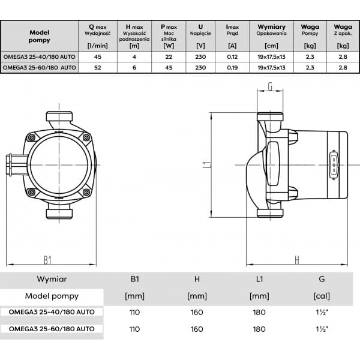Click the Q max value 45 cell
[x=98, y=57]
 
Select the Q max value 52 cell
[x=98, y=67]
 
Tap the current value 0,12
[x=232, y=57]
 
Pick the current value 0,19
[x=232, y=67]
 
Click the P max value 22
[x=169, y=57]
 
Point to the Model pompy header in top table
[x=39, y=36]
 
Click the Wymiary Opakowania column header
[x=271, y=30]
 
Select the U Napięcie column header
[x=200, y=30]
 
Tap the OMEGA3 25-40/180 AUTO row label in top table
[x=39, y=57]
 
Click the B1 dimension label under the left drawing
[x=47, y=260]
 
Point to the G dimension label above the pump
[x=270, y=86]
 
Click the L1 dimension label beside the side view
[x=207, y=164]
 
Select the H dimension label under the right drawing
[x=297, y=260]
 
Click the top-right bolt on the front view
[x=86, y=137]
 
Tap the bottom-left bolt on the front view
[x=31, y=192]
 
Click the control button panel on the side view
[x=334, y=164]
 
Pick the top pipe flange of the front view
[x=59, y=116]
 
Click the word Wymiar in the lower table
[x=52, y=279]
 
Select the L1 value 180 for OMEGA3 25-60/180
[x=259, y=329]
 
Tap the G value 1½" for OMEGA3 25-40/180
[x=322, y=312]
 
